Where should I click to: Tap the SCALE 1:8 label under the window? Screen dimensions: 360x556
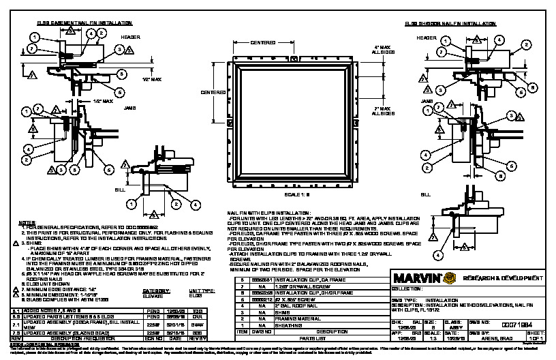coord(297,194)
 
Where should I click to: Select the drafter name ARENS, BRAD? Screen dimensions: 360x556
coord(500,335)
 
